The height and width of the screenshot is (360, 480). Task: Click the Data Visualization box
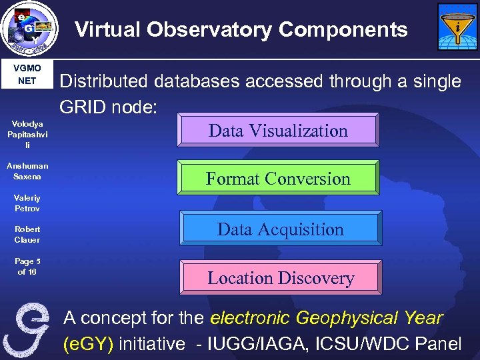[278, 131]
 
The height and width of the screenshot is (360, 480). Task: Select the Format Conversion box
[278, 179]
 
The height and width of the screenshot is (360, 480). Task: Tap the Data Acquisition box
[281, 229]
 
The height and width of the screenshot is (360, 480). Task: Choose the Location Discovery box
[281, 278]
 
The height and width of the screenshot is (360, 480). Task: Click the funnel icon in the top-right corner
[457, 27]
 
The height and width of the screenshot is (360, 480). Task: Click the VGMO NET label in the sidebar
[27, 75]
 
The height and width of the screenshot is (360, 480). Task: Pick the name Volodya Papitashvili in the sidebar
[27, 135]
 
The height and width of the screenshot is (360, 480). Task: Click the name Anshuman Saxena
[27, 171]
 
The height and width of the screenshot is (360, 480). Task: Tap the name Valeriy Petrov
[27, 203]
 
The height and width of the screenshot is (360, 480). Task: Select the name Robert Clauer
[27, 235]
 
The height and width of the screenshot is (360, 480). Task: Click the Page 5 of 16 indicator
[27, 267]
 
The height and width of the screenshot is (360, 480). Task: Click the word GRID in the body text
[83, 107]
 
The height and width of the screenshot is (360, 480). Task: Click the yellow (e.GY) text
[88, 344]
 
